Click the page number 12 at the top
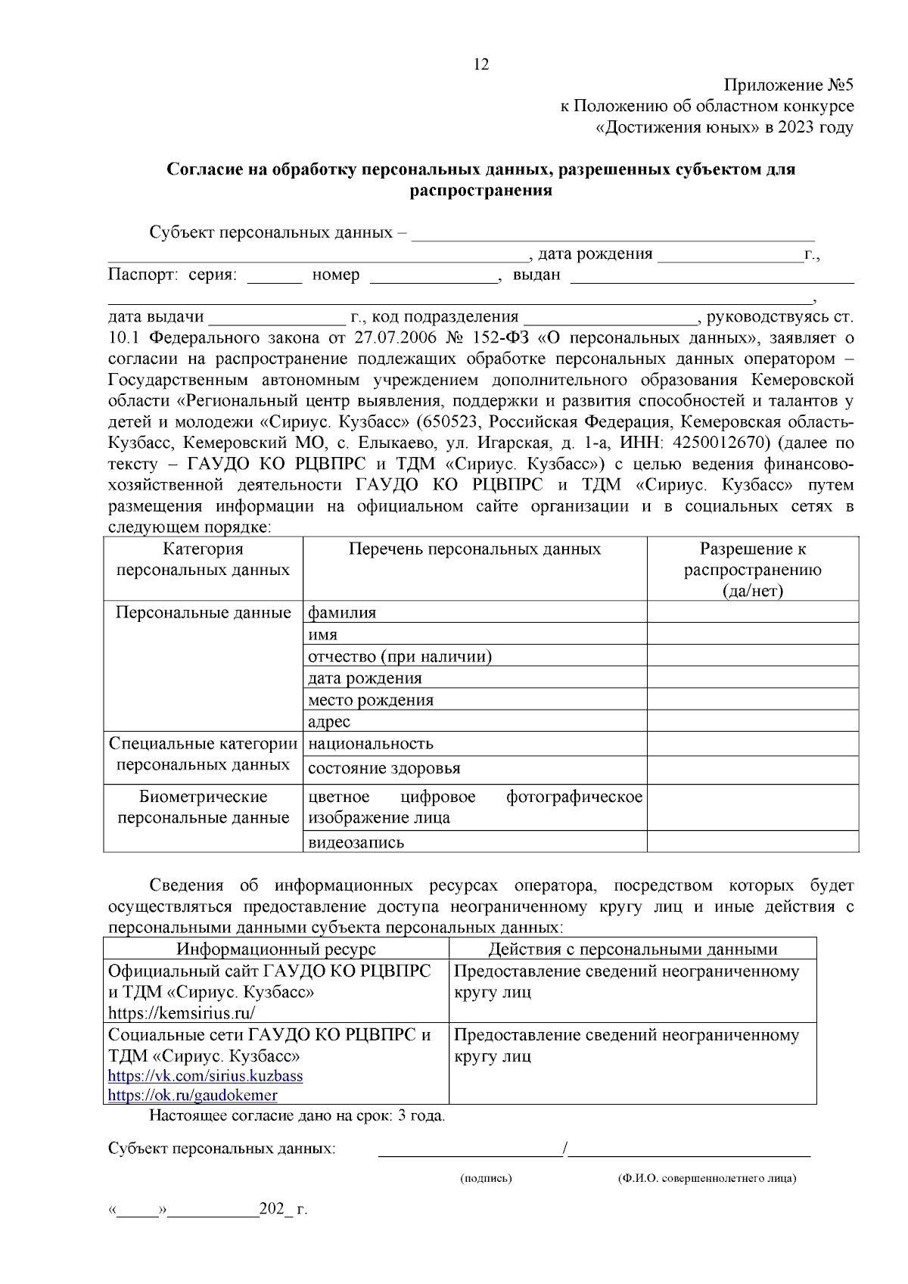point(481,64)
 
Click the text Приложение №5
point(788,85)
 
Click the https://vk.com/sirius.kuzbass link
point(205,1075)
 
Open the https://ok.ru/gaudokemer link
point(192,1095)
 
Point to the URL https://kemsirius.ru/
point(182,1012)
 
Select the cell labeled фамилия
point(342,612)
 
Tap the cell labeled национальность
point(371,743)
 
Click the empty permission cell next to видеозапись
point(752,841)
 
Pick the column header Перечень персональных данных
point(474,549)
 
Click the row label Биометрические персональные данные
point(203,807)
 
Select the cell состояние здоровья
point(384,768)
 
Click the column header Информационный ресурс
point(276,949)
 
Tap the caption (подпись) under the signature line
point(486,1178)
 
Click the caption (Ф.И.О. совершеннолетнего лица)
point(707,1178)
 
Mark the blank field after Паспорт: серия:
point(274,277)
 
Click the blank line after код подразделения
point(610,319)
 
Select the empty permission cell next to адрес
point(752,720)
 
